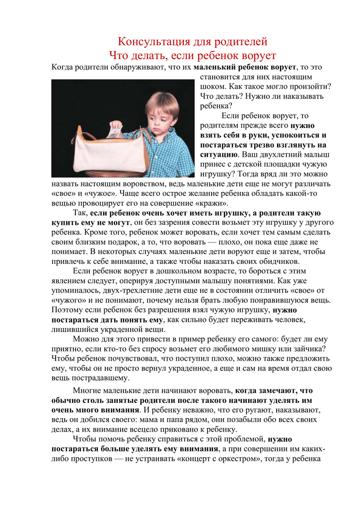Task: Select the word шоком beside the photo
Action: pyautogui.click(x=214, y=86)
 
